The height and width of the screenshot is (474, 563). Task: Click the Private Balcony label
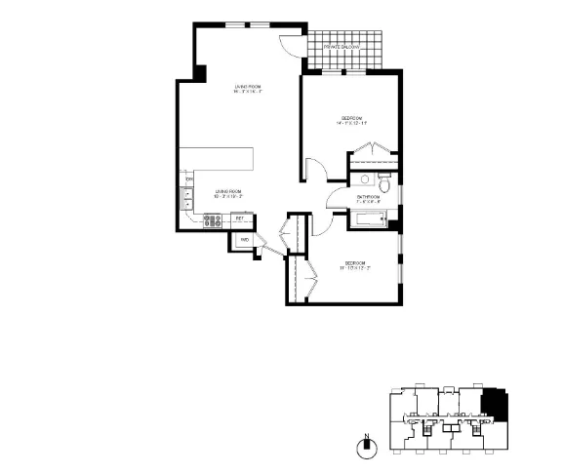(342, 47)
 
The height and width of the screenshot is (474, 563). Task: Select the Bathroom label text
(368, 197)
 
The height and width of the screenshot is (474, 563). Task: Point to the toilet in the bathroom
(385, 184)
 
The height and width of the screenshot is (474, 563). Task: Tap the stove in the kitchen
(213, 219)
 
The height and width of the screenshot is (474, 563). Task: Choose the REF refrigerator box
(238, 218)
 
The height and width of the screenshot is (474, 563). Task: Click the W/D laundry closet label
(245, 239)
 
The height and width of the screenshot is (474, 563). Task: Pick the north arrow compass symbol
(367, 447)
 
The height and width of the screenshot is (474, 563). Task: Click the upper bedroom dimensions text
(352, 124)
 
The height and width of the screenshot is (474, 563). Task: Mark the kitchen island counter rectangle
(223, 159)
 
